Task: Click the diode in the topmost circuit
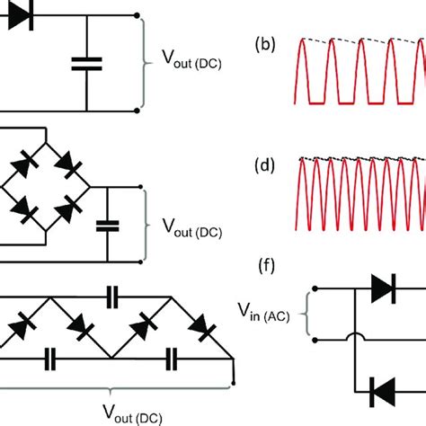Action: tap(20, 15)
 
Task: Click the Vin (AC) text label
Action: tap(271, 313)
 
